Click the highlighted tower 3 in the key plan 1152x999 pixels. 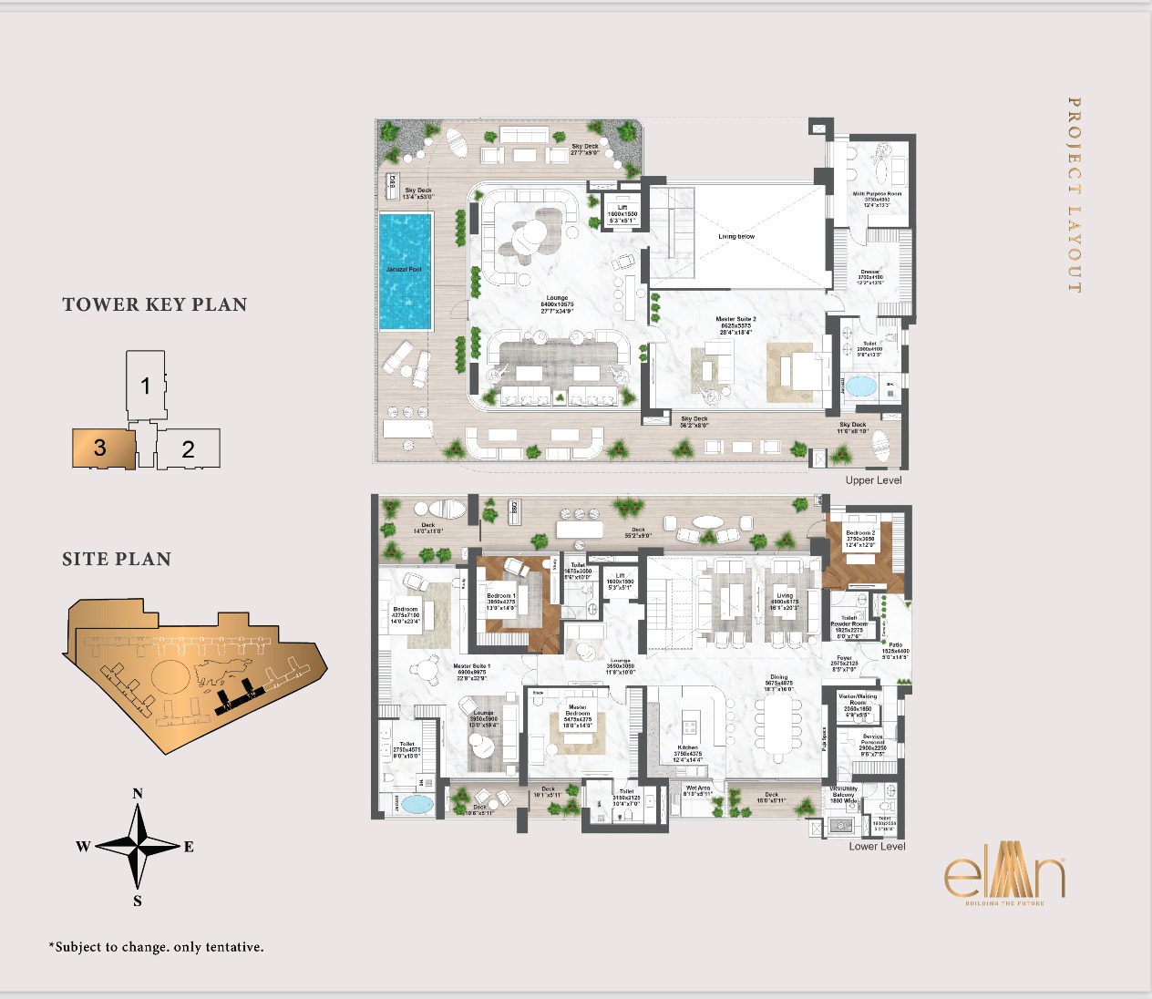(x=103, y=448)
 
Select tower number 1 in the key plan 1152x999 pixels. (x=146, y=386)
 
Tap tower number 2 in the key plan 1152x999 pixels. (x=189, y=448)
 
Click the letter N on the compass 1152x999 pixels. (x=138, y=793)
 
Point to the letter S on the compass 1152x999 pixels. (x=138, y=901)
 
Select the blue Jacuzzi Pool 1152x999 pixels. (x=405, y=271)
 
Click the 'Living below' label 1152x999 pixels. (x=736, y=236)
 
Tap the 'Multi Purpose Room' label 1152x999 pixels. (x=877, y=194)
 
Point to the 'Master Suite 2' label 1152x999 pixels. (x=735, y=320)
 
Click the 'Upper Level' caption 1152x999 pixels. (x=873, y=480)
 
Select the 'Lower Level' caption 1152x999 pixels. (x=877, y=846)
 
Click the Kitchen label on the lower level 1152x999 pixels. (x=687, y=747)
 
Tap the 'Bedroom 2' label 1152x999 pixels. (x=859, y=533)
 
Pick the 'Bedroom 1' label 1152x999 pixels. (x=500, y=596)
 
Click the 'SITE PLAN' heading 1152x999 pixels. (x=117, y=559)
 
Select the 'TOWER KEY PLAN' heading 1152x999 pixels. (x=155, y=304)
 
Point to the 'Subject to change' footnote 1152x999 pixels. (x=156, y=947)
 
